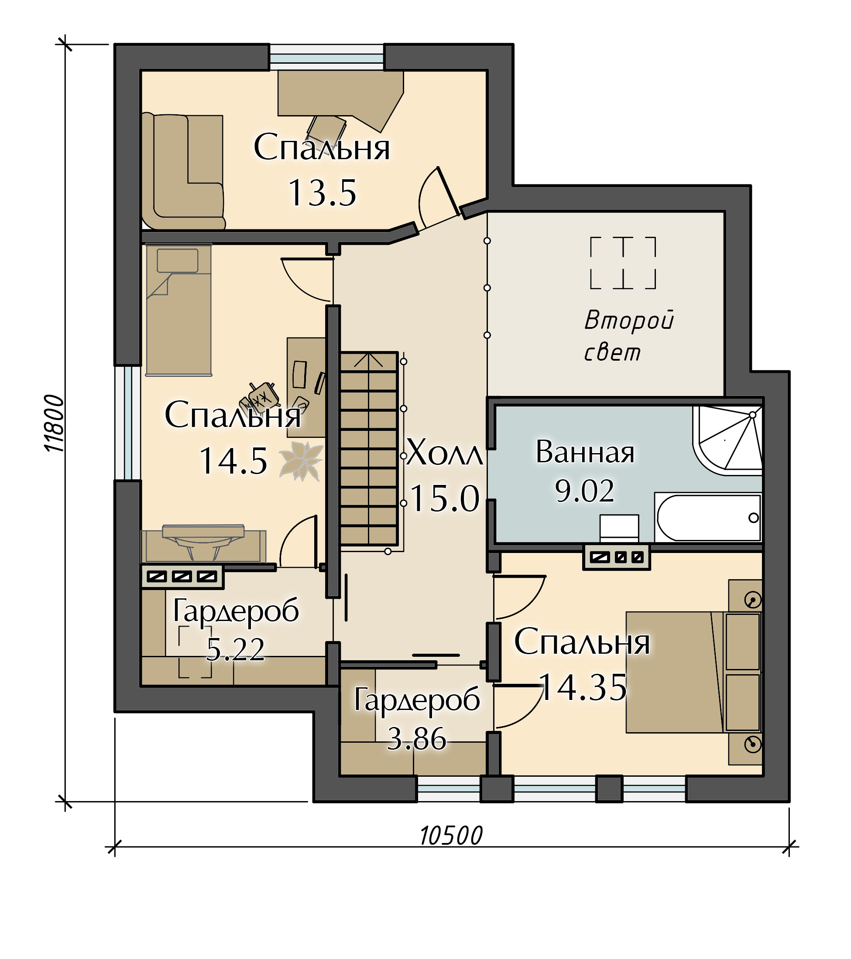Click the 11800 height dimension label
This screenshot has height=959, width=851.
(x=55, y=423)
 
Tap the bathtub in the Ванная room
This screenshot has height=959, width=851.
(x=708, y=518)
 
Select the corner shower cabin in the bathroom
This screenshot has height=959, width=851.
(x=727, y=440)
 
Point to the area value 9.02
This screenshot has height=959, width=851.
(x=584, y=491)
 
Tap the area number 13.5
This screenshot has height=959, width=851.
(x=322, y=193)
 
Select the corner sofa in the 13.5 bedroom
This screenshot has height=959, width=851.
(x=183, y=171)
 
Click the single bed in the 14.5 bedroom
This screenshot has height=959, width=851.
(x=178, y=310)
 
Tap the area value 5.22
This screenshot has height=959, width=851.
(x=236, y=649)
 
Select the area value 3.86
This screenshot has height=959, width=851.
(x=416, y=738)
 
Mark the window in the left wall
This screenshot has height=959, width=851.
(x=128, y=423)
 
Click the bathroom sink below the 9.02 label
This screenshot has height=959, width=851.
(x=619, y=528)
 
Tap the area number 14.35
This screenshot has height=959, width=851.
(x=583, y=687)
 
